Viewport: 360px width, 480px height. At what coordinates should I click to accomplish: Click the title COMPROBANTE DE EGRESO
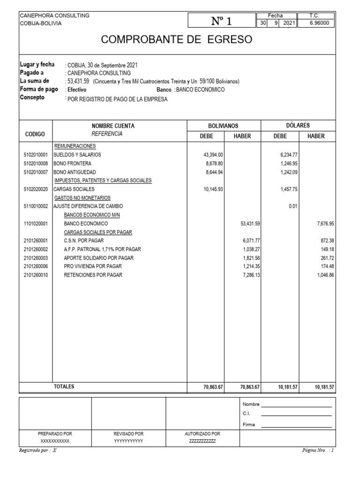tap(177, 40)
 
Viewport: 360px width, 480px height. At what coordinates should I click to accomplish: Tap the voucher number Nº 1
tap(222, 21)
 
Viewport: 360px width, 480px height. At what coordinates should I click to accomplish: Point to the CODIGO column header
tap(35, 135)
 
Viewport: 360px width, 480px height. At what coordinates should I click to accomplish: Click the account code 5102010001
tap(35, 155)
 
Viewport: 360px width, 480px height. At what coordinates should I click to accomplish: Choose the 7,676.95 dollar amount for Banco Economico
tap(324, 224)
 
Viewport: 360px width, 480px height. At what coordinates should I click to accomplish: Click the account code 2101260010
tap(35, 275)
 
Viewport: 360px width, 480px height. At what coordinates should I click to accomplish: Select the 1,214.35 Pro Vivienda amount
tap(251, 267)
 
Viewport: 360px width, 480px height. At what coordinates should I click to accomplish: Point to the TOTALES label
tap(64, 387)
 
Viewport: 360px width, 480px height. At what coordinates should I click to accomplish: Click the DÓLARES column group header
tap(298, 126)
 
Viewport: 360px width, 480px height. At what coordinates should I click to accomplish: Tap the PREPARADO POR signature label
tap(55, 434)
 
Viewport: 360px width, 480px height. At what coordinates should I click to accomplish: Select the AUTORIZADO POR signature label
tap(202, 434)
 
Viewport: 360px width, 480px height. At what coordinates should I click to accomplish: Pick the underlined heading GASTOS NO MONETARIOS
tap(82, 198)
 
